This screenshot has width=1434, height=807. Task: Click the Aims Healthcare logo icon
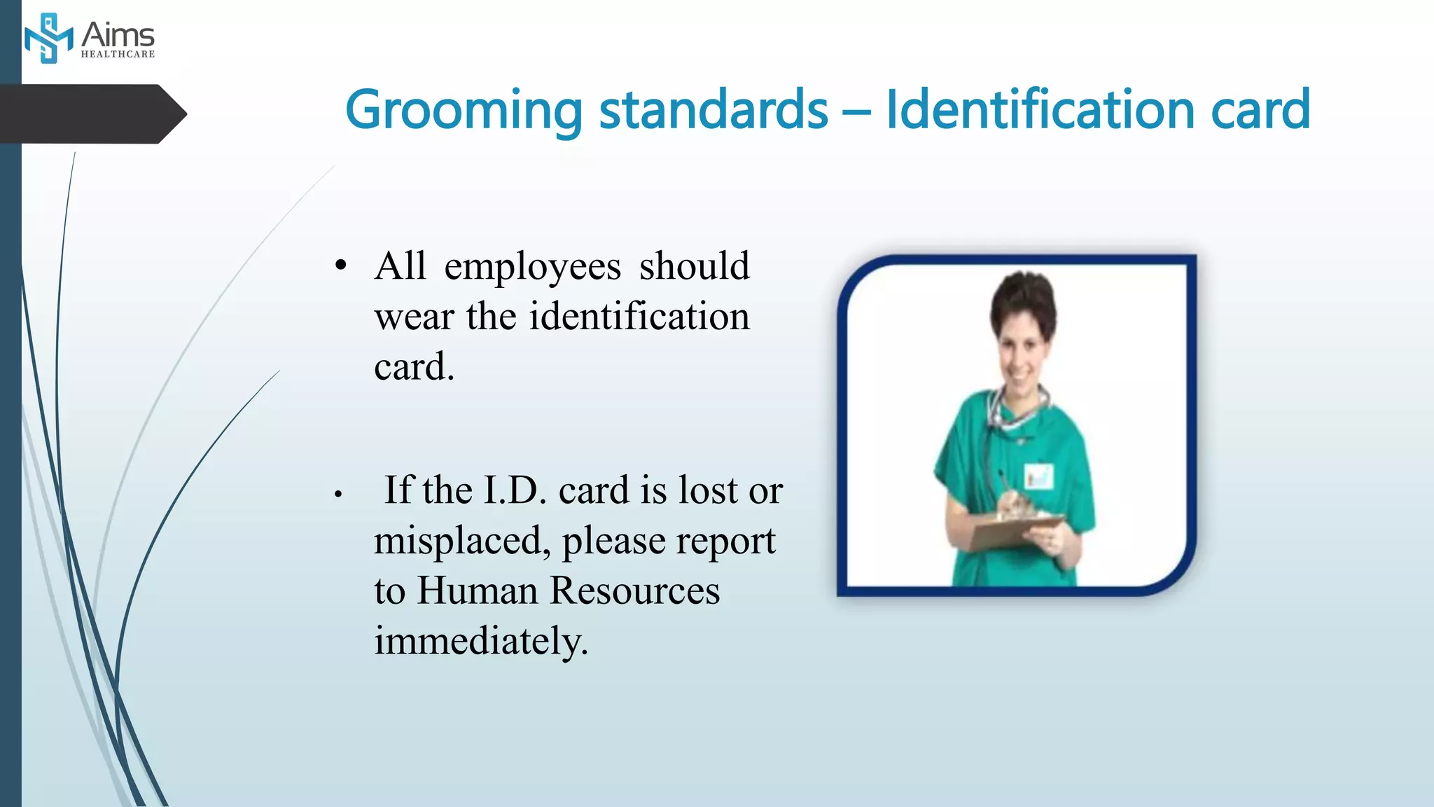pyautogui.click(x=48, y=39)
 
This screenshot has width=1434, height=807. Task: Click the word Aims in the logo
pyautogui.click(x=118, y=35)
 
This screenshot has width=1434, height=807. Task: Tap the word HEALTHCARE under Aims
pyautogui.click(x=118, y=54)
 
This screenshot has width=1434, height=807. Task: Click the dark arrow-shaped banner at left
pyautogui.click(x=91, y=113)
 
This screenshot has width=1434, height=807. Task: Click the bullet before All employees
pyautogui.click(x=340, y=265)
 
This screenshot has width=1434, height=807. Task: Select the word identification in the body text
pyautogui.click(x=639, y=316)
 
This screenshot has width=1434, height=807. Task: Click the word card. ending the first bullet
pyautogui.click(x=414, y=366)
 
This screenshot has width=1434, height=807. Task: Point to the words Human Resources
pyautogui.click(x=568, y=591)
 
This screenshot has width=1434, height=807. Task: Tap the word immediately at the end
pyautogui.click(x=480, y=640)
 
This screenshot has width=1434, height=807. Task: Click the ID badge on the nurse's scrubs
pyautogui.click(x=1038, y=476)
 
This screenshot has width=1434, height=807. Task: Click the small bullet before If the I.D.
pyautogui.click(x=337, y=495)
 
